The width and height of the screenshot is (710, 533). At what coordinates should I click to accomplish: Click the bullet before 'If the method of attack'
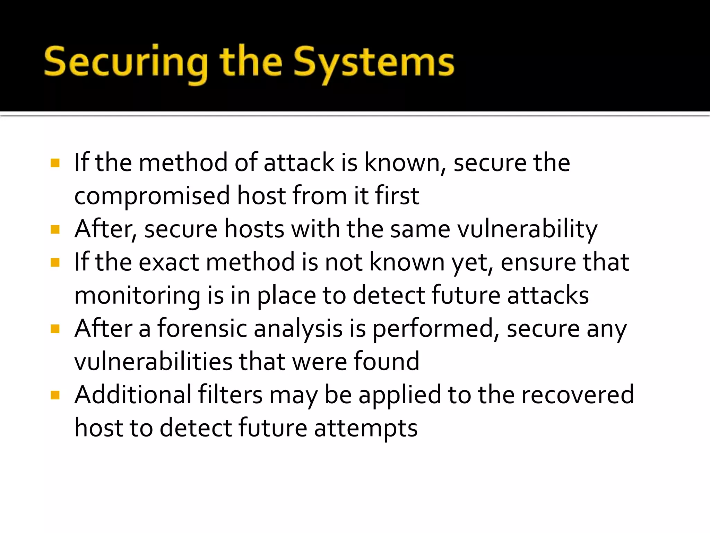coord(55,163)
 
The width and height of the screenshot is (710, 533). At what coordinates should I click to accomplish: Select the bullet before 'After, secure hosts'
coord(55,229)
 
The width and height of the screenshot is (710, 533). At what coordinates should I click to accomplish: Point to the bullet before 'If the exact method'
coord(55,262)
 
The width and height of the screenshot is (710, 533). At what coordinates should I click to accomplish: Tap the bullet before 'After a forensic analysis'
coord(55,329)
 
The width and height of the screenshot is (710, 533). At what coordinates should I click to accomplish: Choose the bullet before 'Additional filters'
coord(55,395)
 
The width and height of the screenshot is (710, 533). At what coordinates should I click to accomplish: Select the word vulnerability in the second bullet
coord(527,230)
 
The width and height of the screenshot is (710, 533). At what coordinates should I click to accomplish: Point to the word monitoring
coord(137,296)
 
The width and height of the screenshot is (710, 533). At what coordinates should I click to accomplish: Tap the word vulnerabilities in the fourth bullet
coord(153,362)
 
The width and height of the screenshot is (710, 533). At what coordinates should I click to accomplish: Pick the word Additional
coord(133,395)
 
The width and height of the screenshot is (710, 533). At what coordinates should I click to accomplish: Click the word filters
coord(230,395)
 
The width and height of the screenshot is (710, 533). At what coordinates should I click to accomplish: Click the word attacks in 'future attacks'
coord(548,296)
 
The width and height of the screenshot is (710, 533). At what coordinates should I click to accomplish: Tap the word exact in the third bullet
coord(169,262)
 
